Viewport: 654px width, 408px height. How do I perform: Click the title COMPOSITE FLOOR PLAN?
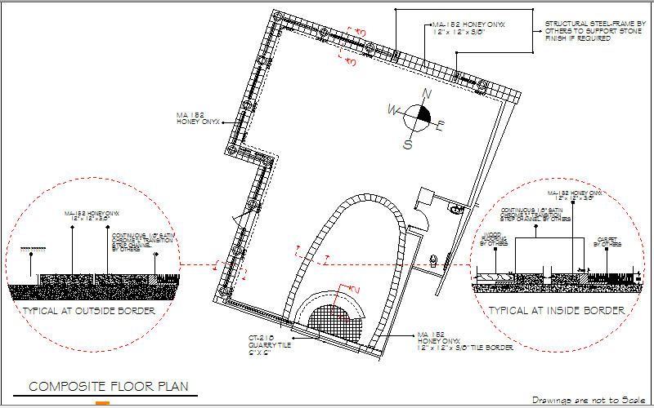[111, 387]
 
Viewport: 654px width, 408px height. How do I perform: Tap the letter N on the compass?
[425, 93]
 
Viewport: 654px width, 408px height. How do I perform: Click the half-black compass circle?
[418, 116]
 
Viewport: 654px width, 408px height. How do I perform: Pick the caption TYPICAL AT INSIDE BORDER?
[556, 310]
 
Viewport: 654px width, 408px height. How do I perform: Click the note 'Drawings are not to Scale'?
[589, 400]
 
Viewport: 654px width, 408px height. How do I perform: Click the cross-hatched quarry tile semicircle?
[332, 319]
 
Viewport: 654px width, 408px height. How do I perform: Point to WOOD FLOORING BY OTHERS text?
[491, 239]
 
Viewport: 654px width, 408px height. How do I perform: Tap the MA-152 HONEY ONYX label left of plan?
[195, 118]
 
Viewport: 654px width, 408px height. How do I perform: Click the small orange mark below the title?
[102, 404]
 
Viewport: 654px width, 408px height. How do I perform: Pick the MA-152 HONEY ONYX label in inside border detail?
[578, 195]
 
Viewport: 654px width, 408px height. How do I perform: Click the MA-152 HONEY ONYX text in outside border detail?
[92, 215]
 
